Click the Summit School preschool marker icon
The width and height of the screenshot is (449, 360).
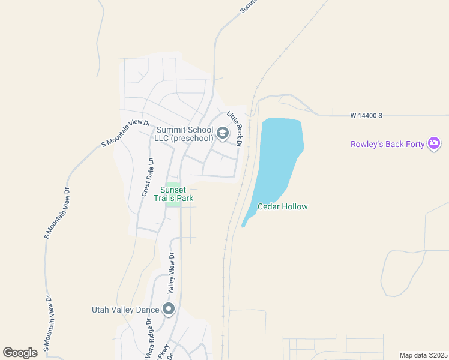(x=223, y=133)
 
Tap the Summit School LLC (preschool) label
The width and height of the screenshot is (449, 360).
(x=184, y=134)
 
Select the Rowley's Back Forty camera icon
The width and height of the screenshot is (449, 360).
(x=434, y=143)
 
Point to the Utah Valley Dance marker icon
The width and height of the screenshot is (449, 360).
(x=169, y=310)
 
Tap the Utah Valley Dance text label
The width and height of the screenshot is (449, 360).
(x=125, y=310)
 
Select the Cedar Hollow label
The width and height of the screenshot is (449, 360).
(x=282, y=206)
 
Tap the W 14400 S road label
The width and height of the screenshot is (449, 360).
(x=366, y=115)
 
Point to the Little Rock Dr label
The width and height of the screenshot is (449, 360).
(x=234, y=128)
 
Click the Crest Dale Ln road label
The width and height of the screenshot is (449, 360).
(x=148, y=178)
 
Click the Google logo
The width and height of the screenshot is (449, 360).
(x=20, y=353)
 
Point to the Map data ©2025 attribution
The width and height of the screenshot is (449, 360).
(x=423, y=355)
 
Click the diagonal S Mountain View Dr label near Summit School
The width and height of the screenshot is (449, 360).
(x=125, y=133)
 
